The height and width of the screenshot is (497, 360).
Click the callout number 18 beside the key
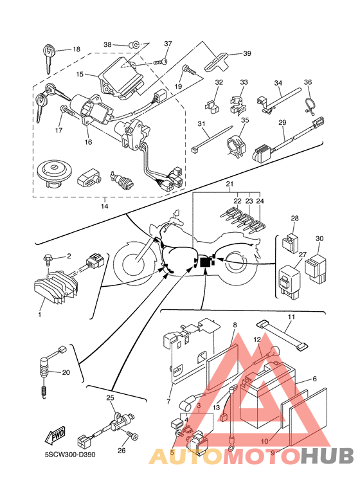(x=76, y=49)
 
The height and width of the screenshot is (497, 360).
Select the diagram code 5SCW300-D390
(x=69, y=455)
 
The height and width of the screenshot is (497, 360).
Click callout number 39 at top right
(x=247, y=53)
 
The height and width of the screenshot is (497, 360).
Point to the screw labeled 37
(x=160, y=62)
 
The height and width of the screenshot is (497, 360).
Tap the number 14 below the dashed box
(x=105, y=206)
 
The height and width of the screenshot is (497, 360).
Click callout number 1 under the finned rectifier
(x=40, y=314)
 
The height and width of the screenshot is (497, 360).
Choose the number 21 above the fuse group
(x=230, y=184)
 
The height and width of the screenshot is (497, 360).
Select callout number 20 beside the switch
(x=66, y=372)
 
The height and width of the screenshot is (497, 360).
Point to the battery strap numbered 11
(x=282, y=336)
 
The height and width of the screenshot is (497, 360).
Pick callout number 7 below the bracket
(x=168, y=401)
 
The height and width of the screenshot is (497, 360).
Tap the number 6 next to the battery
(x=314, y=379)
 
